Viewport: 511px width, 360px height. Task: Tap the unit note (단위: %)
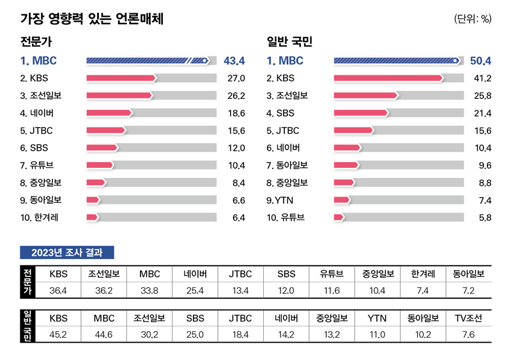click(473, 19)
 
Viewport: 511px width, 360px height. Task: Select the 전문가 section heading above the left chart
click(36, 43)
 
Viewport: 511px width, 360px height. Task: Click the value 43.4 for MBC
click(234, 61)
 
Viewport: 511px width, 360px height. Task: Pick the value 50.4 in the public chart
click(480, 61)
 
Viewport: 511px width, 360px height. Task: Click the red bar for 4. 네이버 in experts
click(109, 113)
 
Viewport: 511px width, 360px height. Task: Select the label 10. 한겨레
click(40, 217)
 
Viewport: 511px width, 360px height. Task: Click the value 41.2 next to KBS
click(481, 79)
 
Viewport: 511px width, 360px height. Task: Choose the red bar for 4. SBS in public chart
click(361, 113)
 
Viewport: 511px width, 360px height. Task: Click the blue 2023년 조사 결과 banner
click(67, 252)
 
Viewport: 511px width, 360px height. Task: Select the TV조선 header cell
click(469, 318)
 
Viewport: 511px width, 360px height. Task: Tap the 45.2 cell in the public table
click(59, 334)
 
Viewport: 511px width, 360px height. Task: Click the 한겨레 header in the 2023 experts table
click(423, 274)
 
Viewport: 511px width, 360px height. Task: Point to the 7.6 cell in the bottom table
click(469, 334)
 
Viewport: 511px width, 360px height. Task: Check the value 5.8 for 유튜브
click(484, 218)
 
